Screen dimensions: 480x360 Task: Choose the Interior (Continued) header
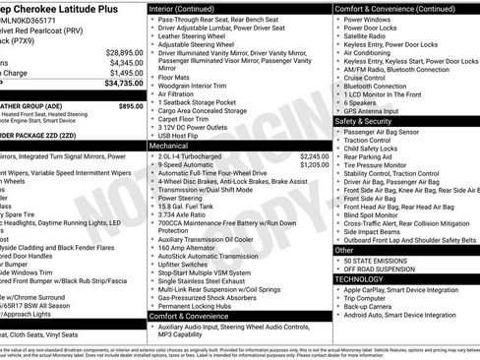pyautogui.click(x=189, y=8)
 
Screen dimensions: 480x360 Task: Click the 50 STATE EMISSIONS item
pyautogui.click(x=380, y=260)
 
